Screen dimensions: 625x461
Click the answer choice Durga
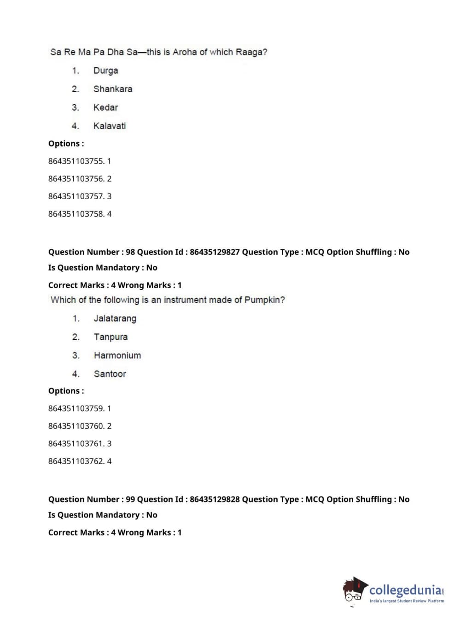pyautogui.click(x=105, y=71)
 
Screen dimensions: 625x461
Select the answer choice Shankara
pyautogui.click(x=112, y=89)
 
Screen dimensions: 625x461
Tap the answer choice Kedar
pyautogui.click(x=105, y=107)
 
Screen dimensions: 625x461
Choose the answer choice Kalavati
pyautogui.click(x=109, y=126)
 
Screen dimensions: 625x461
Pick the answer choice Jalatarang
pyautogui.click(x=115, y=318)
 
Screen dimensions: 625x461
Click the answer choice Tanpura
pyautogui.click(x=111, y=337)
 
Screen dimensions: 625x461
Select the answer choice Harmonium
pyautogui.click(x=117, y=355)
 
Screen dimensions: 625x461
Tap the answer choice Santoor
pyautogui.click(x=110, y=374)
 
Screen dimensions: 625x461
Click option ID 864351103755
pyautogui.click(x=76, y=161)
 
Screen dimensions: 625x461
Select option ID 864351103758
pyautogui.click(x=76, y=214)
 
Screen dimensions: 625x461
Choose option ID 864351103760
pyautogui.click(x=76, y=426)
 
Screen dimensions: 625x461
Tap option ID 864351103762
pyautogui.click(x=76, y=461)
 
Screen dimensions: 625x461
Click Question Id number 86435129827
pyautogui.click(x=215, y=252)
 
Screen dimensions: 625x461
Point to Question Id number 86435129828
pyautogui.click(x=215, y=499)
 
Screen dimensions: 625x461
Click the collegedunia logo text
pyautogui.click(x=405, y=590)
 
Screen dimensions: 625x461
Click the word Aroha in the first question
pyautogui.click(x=185, y=52)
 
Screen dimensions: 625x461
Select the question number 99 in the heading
pyautogui.click(x=130, y=499)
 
